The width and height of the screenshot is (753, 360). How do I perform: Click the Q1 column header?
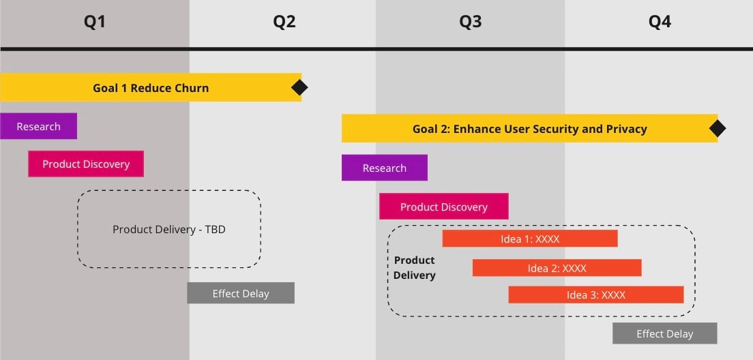point(95,22)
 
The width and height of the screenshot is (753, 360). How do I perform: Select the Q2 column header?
point(284,22)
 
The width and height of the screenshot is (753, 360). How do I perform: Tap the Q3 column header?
point(470,22)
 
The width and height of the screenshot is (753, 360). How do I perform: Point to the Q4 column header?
point(660,22)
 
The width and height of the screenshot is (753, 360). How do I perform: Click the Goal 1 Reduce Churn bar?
point(151,87)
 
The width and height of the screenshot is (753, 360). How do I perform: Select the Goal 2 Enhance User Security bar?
point(529,128)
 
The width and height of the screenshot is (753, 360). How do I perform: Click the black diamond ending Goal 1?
point(299,87)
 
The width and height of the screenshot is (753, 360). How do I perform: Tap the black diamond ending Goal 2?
point(717,128)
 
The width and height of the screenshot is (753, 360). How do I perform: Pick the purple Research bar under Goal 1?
point(38,126)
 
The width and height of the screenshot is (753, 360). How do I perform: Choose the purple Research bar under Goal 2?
point(385,168)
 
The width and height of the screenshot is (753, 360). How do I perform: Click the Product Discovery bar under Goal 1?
point(86,164)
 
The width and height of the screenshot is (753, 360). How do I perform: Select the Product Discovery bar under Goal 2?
point(444,207)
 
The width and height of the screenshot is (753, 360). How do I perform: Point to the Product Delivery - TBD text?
point(169,229)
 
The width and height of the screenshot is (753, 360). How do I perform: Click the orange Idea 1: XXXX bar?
point(530,239)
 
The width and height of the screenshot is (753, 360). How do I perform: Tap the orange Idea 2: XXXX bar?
point(557,268)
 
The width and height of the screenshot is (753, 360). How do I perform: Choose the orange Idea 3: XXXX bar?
point(595,295)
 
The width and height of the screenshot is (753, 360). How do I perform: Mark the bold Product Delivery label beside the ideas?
point(414,267)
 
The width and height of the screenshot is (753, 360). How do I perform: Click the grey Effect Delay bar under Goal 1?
point(241,293)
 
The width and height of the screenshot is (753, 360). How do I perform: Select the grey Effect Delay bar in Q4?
point(664,333)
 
